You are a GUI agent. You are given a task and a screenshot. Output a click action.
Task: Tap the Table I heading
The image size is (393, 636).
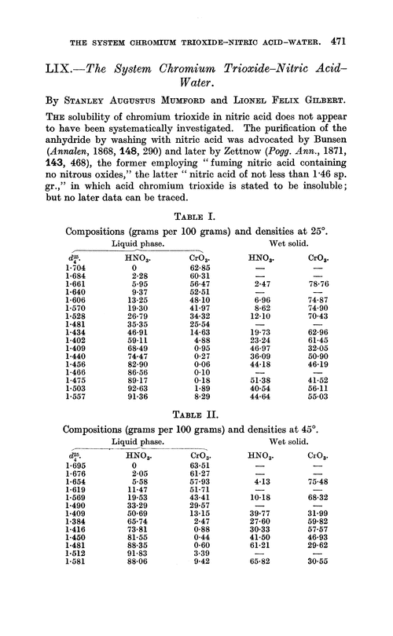pos(196,217)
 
